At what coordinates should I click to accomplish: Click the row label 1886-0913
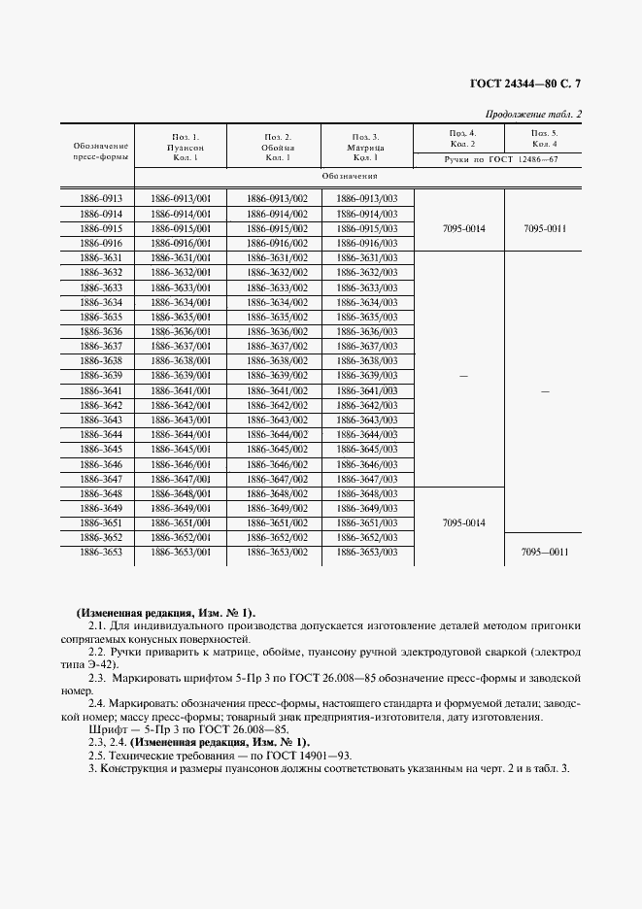point(100,197)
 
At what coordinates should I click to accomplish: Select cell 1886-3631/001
point(181,257)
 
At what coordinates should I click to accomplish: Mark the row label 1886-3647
point(100,479)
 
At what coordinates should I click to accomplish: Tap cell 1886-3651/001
point(181,522)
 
